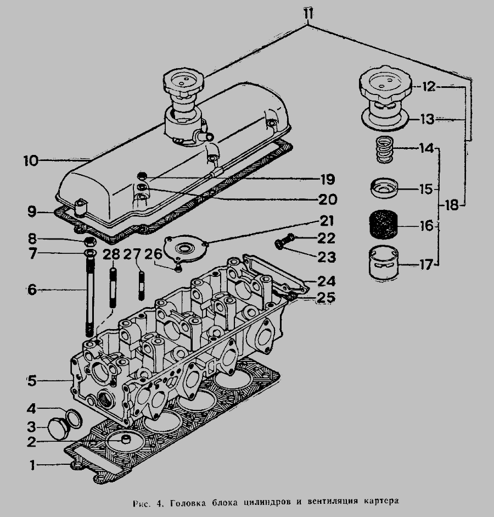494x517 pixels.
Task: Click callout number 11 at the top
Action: [308, 14]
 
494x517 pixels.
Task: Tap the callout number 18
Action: [452, 205]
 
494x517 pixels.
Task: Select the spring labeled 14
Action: [385, 150]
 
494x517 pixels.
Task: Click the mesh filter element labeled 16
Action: [384, 226]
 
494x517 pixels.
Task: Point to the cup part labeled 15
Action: [384, 188]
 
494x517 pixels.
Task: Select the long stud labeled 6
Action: [90, 295]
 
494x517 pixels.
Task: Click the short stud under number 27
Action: [141, 285]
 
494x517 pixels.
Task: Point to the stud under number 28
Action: [113, 288]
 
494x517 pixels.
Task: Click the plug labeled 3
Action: [59, 429]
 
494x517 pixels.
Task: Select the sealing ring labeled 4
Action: [75, 419]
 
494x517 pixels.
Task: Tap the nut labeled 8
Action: [89, 242]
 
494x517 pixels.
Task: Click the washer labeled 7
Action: [90, 253]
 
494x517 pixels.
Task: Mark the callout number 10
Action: [31, 161]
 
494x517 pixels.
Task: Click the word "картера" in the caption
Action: [381, 502]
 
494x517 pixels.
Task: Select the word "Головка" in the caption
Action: [188, 503]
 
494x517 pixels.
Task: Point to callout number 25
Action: [325, 297]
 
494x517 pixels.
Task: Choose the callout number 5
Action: [32, 381]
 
